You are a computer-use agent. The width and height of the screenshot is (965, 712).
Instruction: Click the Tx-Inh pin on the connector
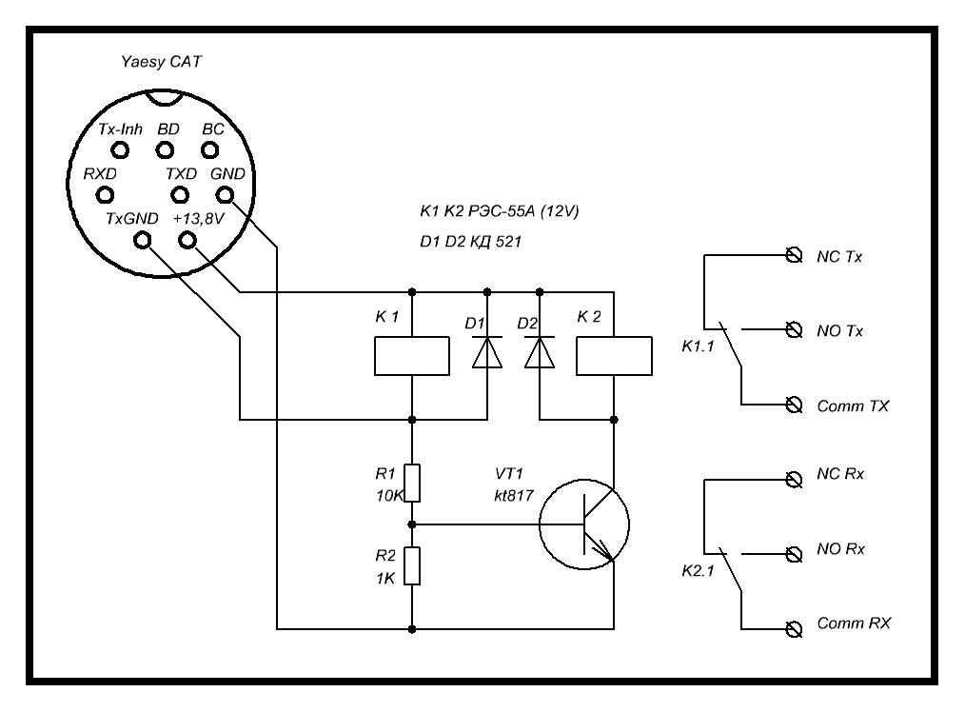121,149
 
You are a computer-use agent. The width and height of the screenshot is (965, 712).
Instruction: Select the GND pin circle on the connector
226,195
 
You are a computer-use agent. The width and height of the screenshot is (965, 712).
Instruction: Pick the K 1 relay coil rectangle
412,355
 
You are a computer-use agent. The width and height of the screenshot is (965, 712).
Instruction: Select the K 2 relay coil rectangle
614,355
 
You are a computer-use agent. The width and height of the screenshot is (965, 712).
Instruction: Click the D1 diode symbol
487,353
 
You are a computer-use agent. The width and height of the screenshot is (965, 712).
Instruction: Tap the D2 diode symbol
540,353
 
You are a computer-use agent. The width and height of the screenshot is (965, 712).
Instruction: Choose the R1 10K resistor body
412,482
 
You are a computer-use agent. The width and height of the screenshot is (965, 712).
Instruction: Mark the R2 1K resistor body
412,566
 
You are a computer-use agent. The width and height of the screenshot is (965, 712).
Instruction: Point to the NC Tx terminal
792,255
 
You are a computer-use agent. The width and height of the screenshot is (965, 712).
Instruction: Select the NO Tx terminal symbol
792,330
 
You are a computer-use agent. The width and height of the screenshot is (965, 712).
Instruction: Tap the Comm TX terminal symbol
792,405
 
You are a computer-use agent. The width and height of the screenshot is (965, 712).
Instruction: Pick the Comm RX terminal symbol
792,627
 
